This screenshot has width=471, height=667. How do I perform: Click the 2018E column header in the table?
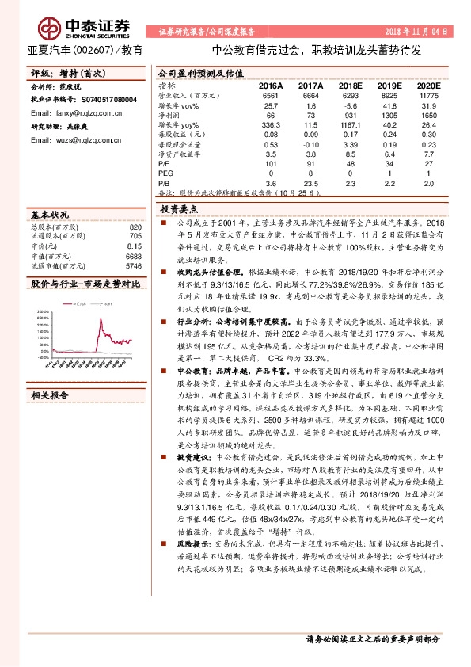347,86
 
